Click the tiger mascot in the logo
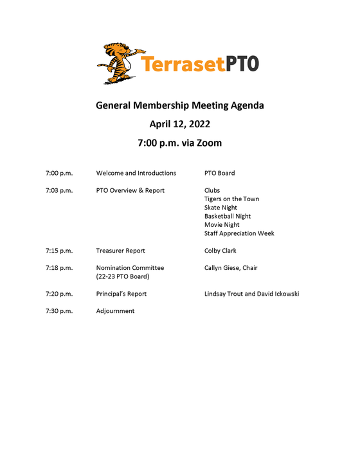(x=118, y=63)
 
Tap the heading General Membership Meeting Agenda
(x=180, y=105)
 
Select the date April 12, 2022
(x=180, y=124)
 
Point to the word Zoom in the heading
(x=208, y=143)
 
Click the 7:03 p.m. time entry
(x=59, y=190)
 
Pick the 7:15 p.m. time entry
(x=59, y=251)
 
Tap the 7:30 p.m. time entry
(x=59, y=311)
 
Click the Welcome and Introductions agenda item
(x=136, y=173)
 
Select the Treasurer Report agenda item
(x=120, y=251)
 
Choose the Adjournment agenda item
(x=115, y=311)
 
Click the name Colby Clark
(x=221, y=251)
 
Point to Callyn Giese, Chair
(x=231, y=267)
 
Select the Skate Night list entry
(x=221, y=208)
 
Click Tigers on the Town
(x=231, y=199)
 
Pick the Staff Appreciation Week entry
(x=239, y=233)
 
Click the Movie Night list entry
(x=222, y=225)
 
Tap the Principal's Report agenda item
(x=122, y=294)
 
